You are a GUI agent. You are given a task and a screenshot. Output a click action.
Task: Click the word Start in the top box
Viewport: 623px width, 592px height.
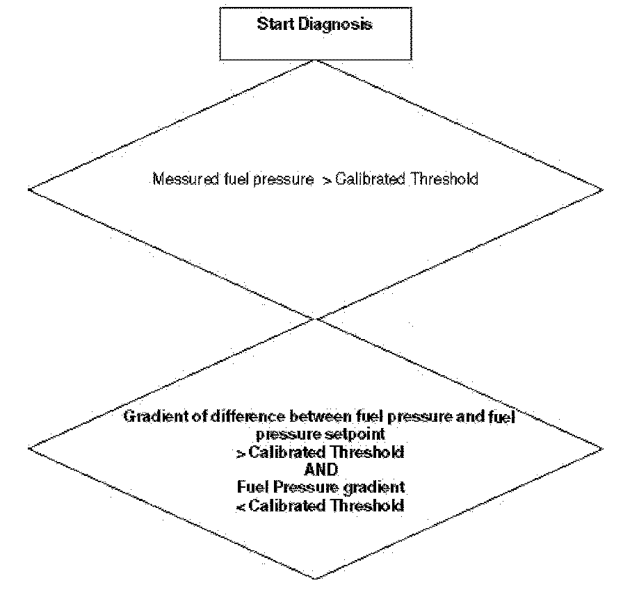(273, 24)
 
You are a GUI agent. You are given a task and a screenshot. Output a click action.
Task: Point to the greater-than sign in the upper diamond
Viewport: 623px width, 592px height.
(327, 179)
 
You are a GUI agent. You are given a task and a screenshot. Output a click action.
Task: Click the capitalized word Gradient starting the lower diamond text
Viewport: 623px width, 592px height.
(149, 418)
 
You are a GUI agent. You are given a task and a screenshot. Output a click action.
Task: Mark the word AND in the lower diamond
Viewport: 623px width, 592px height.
(319, 468)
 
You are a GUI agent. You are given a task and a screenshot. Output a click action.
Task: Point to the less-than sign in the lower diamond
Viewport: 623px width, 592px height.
(240, 505)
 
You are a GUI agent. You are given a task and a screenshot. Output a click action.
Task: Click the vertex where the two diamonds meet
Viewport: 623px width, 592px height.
(316, 319)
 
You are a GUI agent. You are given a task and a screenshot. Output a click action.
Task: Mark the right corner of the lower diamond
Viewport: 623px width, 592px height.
(604, 449)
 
